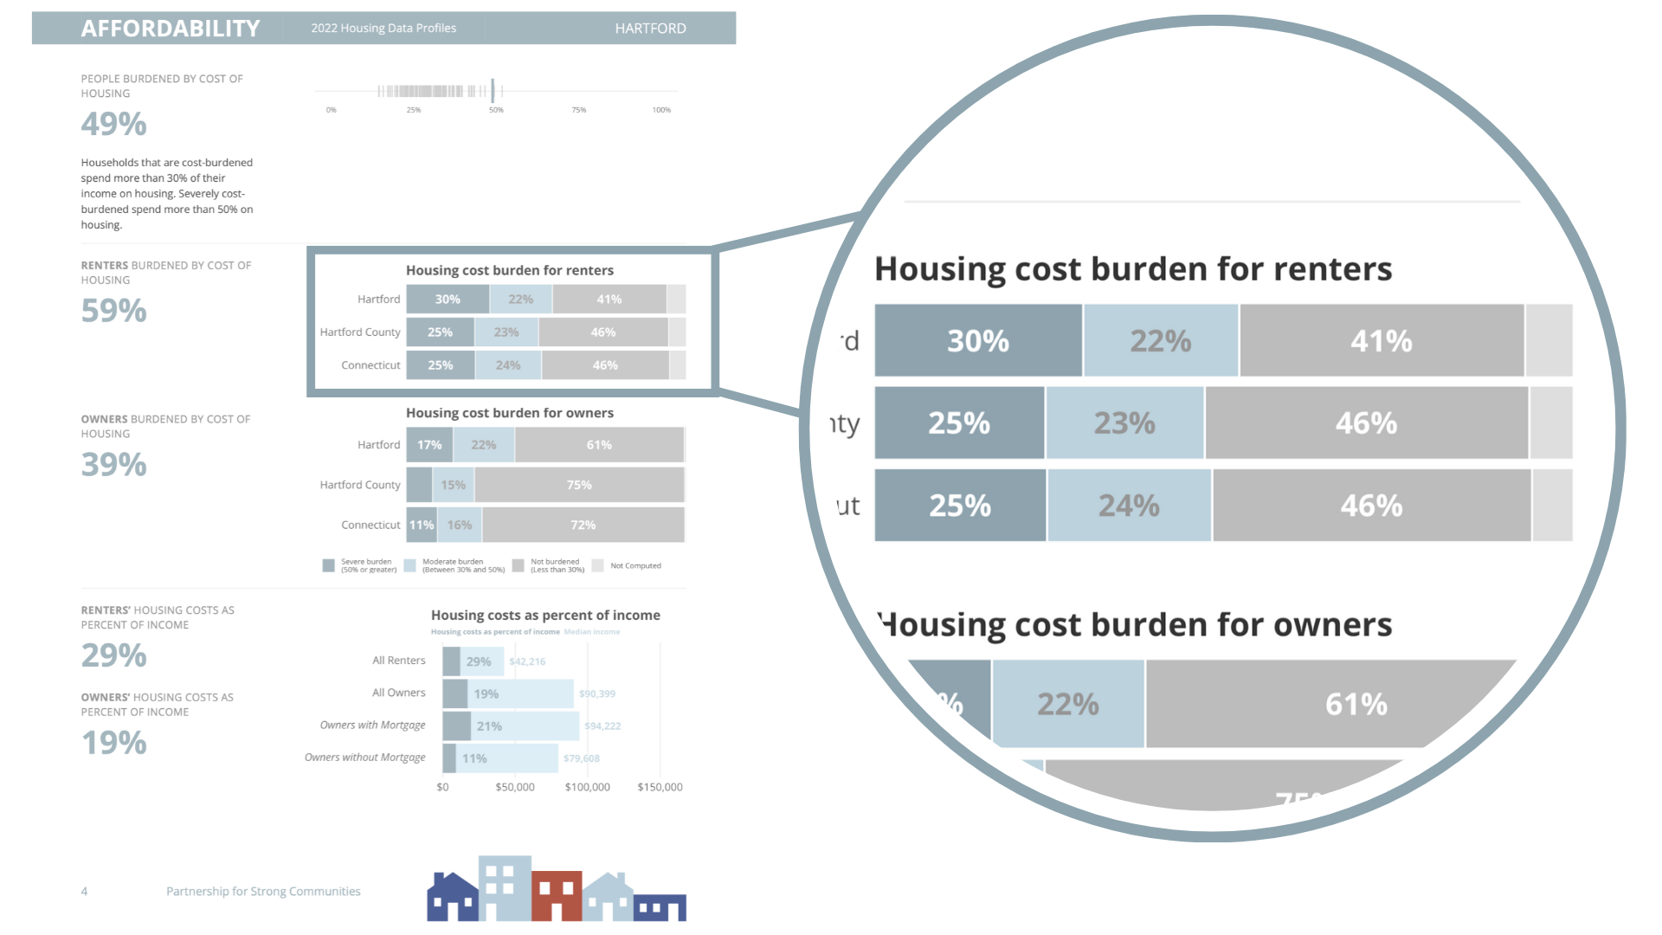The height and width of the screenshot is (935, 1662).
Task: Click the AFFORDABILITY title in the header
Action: click(171, 29)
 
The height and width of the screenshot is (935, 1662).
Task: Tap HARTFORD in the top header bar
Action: click(650, 29)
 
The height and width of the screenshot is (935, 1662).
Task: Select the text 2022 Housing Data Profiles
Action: click(383, 29)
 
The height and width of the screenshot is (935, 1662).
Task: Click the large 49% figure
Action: click(114, 125)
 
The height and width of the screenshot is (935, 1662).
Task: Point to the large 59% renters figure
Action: click(114, 311)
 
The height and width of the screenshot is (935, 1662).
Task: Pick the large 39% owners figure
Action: click(114, 465)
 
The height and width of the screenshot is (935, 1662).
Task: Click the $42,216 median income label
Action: click(527, 661)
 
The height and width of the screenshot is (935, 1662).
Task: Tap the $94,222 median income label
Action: click(602, 726)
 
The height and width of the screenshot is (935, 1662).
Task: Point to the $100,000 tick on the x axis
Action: click(587, 787)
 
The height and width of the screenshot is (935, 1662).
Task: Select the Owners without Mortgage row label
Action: click(364, 758)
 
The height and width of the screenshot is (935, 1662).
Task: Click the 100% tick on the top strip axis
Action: click(661, 110)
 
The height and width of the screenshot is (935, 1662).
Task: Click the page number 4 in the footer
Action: click(84, 892)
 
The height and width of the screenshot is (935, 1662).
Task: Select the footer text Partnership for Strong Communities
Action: click(263, 892)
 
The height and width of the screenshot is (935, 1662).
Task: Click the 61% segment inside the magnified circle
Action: click(1356, 704)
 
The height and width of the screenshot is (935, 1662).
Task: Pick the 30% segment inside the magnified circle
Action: click(978, 341)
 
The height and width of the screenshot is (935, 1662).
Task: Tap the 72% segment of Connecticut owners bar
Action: click(583, 526)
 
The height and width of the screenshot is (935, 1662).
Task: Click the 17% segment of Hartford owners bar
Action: click(429, 445)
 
